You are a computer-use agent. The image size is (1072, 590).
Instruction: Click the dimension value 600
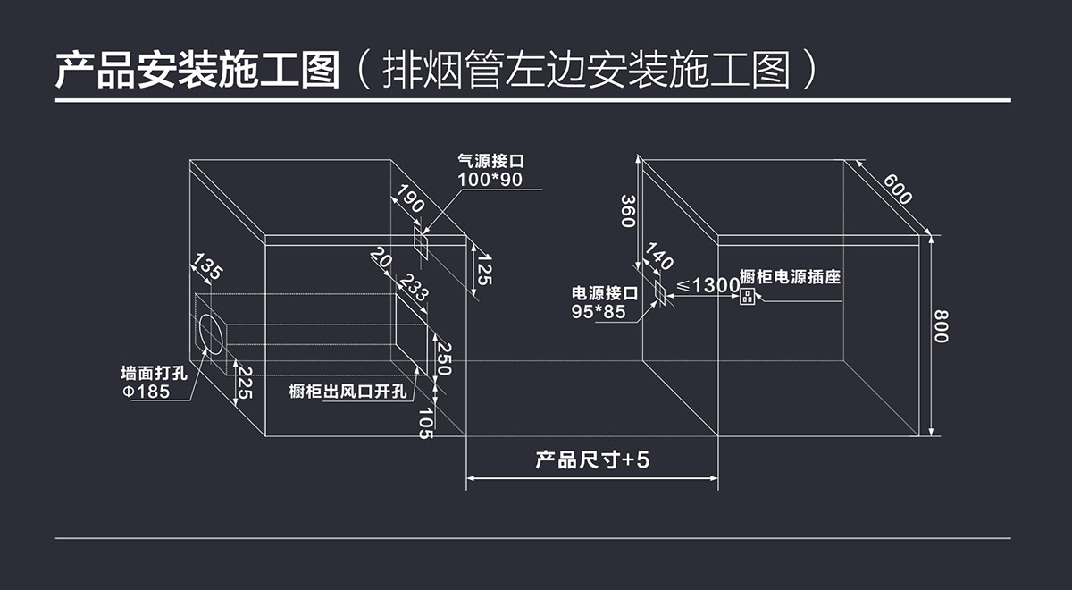(x=898, y=190)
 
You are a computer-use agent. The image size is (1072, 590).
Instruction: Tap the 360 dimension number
(x=628, y=210)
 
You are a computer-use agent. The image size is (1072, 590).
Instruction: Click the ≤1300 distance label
(x=708, y=285)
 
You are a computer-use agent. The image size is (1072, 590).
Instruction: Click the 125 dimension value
(x=483, y=269)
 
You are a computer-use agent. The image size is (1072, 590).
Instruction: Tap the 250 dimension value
(x=442, y=358)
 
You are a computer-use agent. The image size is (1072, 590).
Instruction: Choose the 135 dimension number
(x=208, y=267)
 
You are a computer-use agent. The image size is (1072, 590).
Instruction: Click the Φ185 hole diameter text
(x=146, y=392)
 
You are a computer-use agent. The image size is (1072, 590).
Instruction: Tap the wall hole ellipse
(x=212, y=334)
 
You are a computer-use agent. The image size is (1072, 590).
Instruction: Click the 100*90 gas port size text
(x=490, y=180)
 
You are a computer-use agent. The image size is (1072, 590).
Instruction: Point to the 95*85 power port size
(x=599, y=311)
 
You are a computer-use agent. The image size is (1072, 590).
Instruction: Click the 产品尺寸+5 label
(x=591, y=460)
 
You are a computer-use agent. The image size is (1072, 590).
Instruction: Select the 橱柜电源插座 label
(x=791, y=277)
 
